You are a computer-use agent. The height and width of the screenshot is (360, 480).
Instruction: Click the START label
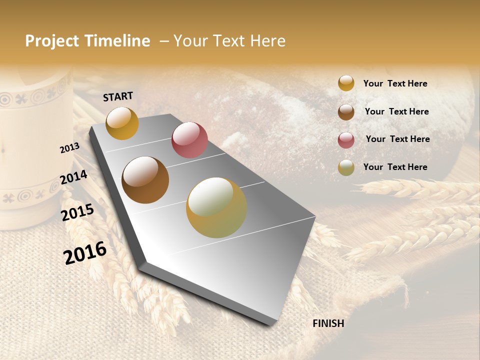[118, 96]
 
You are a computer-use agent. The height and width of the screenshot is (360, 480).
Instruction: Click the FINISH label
[328, 323]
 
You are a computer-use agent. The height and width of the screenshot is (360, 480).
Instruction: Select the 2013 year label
[69, 147]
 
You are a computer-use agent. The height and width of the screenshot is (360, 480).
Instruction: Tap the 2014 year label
[74, 177]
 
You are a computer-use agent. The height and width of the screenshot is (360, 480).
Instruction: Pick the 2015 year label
[77, 212]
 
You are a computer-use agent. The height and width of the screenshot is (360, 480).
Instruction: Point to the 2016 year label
[85, 253]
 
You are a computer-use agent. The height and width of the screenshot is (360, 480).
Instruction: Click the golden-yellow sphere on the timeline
[122, 123]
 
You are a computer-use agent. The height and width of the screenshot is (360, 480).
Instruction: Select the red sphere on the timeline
[189, 140]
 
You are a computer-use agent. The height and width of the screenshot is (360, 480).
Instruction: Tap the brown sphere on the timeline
[145, 180]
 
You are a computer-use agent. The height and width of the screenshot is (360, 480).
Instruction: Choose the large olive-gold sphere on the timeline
[216, 207]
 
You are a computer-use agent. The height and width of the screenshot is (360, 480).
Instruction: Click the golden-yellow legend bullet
[346, 83]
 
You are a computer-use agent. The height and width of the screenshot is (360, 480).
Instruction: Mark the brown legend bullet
[346, 112]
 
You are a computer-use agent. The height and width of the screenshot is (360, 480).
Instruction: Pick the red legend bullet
[346, 140]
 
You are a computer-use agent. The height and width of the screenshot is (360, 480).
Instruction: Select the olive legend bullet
[346, 167]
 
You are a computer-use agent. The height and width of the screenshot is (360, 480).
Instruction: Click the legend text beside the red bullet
[397, 139]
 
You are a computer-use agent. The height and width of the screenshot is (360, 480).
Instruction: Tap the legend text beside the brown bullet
[396, 111]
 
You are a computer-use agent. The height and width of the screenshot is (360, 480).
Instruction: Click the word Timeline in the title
[118, 41]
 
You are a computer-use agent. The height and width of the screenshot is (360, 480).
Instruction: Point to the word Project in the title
[52, 41]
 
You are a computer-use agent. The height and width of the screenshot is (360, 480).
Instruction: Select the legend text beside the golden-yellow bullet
[395, 83]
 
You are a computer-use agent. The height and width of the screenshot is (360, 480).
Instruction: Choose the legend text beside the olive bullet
[395, 167]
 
